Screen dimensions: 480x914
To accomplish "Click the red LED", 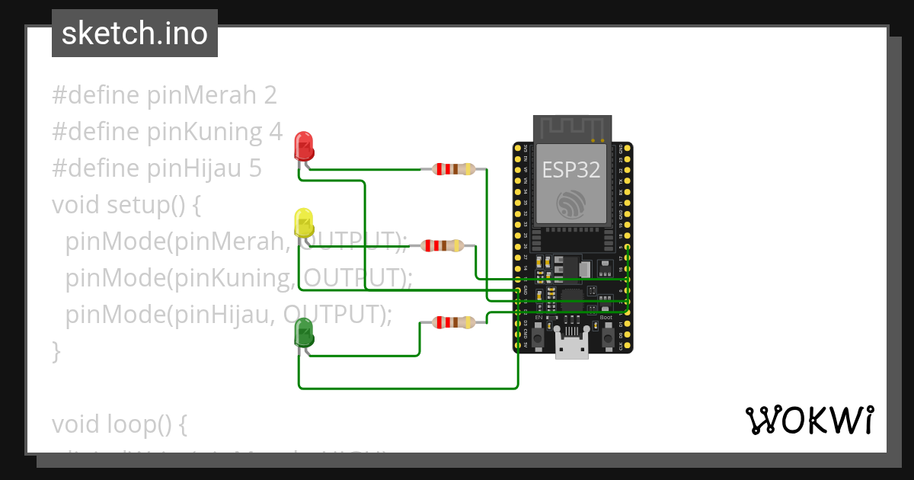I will [304, 145].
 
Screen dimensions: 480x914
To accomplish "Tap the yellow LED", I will [304, 222].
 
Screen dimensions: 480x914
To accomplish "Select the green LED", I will [304, 333].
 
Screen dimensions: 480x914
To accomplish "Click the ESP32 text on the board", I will [570, 169].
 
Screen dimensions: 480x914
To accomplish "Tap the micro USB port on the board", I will [571, 347].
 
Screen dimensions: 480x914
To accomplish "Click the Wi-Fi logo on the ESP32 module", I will [571, 203].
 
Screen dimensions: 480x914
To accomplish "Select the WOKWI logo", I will [809, 420].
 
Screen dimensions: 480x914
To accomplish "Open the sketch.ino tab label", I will [135, 34].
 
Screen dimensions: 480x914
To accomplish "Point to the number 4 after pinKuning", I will [276, 132].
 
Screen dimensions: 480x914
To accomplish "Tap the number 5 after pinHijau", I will [255, 168].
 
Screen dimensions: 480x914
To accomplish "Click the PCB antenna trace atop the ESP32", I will [572, 127].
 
